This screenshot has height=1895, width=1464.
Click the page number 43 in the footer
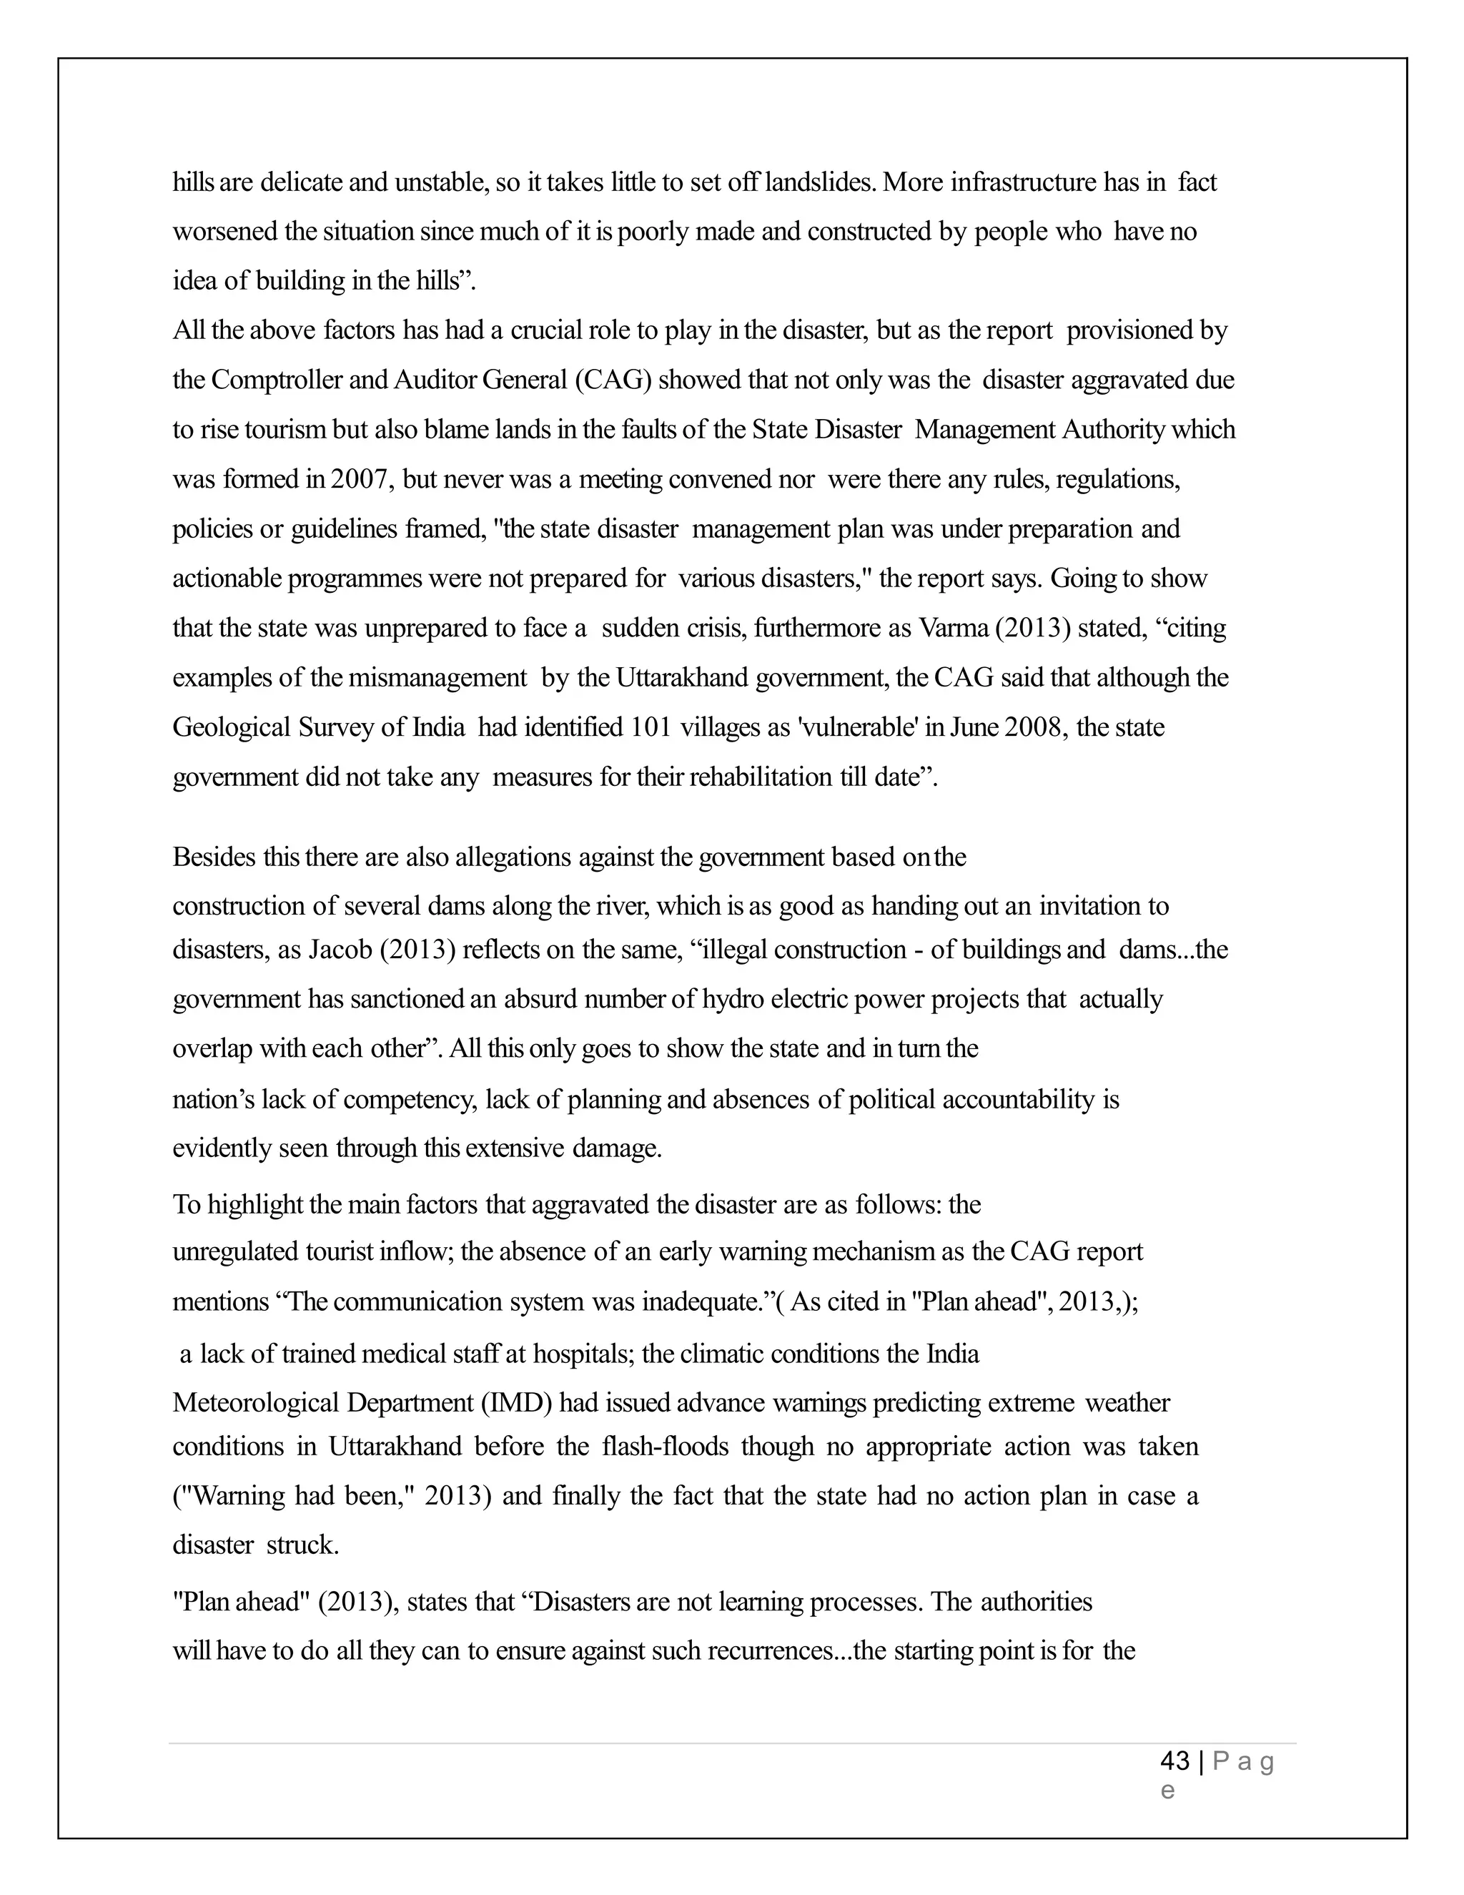tap(1174, 1761)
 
